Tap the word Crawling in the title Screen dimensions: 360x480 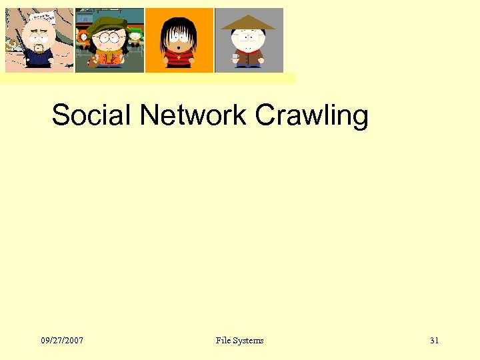[x=311, y=115]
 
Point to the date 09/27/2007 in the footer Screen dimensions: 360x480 [x=62, y=341]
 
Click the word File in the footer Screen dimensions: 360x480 [x=223, y=341]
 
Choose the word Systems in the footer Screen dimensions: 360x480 [x=248, y=341]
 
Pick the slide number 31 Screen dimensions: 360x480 [x=435, y=341]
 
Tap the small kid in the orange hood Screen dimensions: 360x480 [x=84, y=33]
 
